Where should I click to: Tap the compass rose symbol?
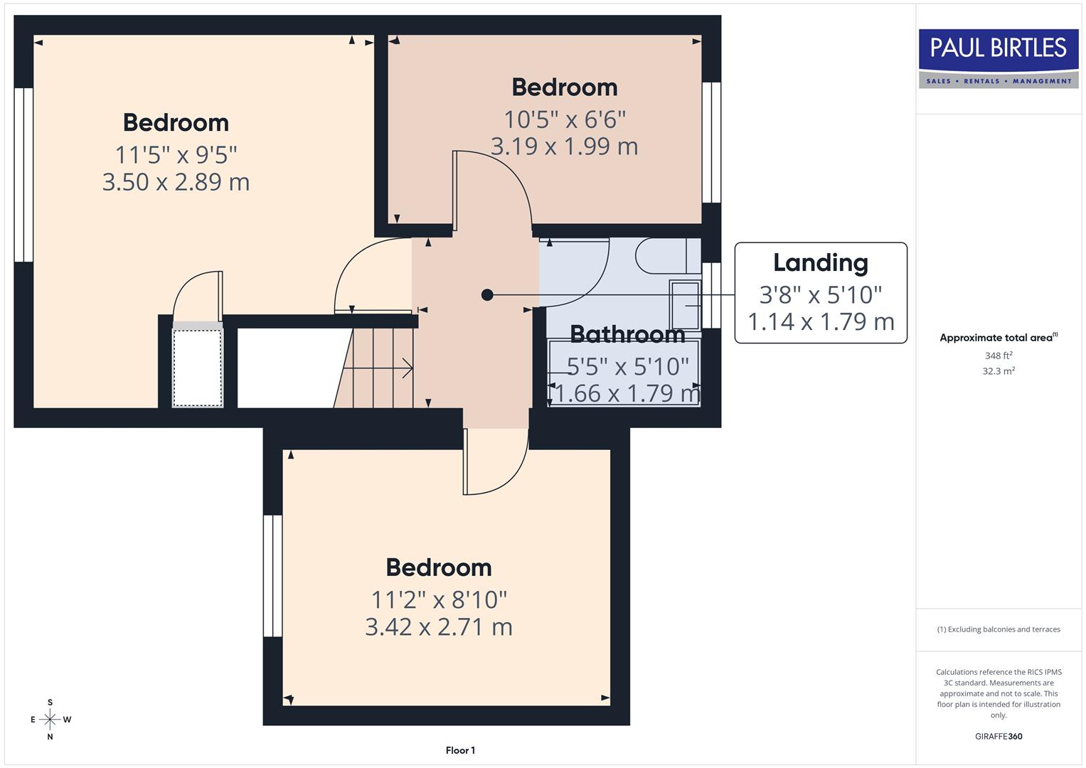point(50,720)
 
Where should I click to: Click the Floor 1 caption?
point(460,750)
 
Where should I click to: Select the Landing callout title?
point(820,262)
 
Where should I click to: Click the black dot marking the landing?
point(487,294)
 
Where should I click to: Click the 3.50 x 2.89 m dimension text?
point(176,182)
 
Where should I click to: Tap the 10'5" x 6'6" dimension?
point(565,119)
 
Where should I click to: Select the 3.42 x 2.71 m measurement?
point(438,627)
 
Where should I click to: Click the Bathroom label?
point(627,334)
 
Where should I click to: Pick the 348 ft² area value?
point(998,356)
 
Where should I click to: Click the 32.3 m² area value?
point(998,371)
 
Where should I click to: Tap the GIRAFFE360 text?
point(998,737)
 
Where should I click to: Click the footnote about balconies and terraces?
point(998,629)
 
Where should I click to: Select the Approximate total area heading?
point(998,338)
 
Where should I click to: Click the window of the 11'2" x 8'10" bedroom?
point(272,575)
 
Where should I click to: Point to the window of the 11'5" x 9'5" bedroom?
point(23,175)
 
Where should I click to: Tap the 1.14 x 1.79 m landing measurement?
point(820,321)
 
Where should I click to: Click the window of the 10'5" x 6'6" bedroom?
point(711,143)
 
